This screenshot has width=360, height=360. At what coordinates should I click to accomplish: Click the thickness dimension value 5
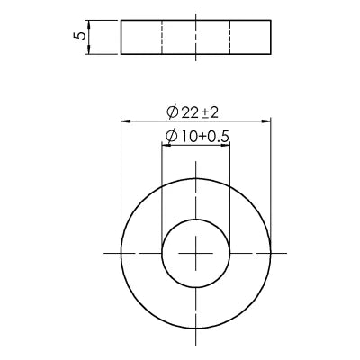coord(81,37)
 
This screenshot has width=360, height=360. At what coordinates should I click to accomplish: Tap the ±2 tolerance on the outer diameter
coord(210,112)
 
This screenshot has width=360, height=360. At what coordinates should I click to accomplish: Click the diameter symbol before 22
coord(172,112)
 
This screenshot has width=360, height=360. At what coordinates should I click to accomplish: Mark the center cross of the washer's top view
coord(196,254)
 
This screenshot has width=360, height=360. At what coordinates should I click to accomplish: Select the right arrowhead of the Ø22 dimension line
coord(267,121)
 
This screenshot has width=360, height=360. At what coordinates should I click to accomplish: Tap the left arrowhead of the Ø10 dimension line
coord(166,145)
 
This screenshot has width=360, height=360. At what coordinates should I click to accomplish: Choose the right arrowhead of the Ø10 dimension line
coord(226,145)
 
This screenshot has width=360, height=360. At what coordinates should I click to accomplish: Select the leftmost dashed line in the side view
coord(162,37)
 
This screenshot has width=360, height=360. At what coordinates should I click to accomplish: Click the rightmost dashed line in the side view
coord(230,37)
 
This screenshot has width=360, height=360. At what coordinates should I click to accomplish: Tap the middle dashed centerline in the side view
coord(196,37)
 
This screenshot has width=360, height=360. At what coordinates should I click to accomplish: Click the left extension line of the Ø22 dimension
coord(121,180)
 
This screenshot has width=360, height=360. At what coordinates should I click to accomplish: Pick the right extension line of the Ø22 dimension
coord(272,180)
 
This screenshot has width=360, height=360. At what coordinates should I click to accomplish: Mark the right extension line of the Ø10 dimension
coord(230,189)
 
